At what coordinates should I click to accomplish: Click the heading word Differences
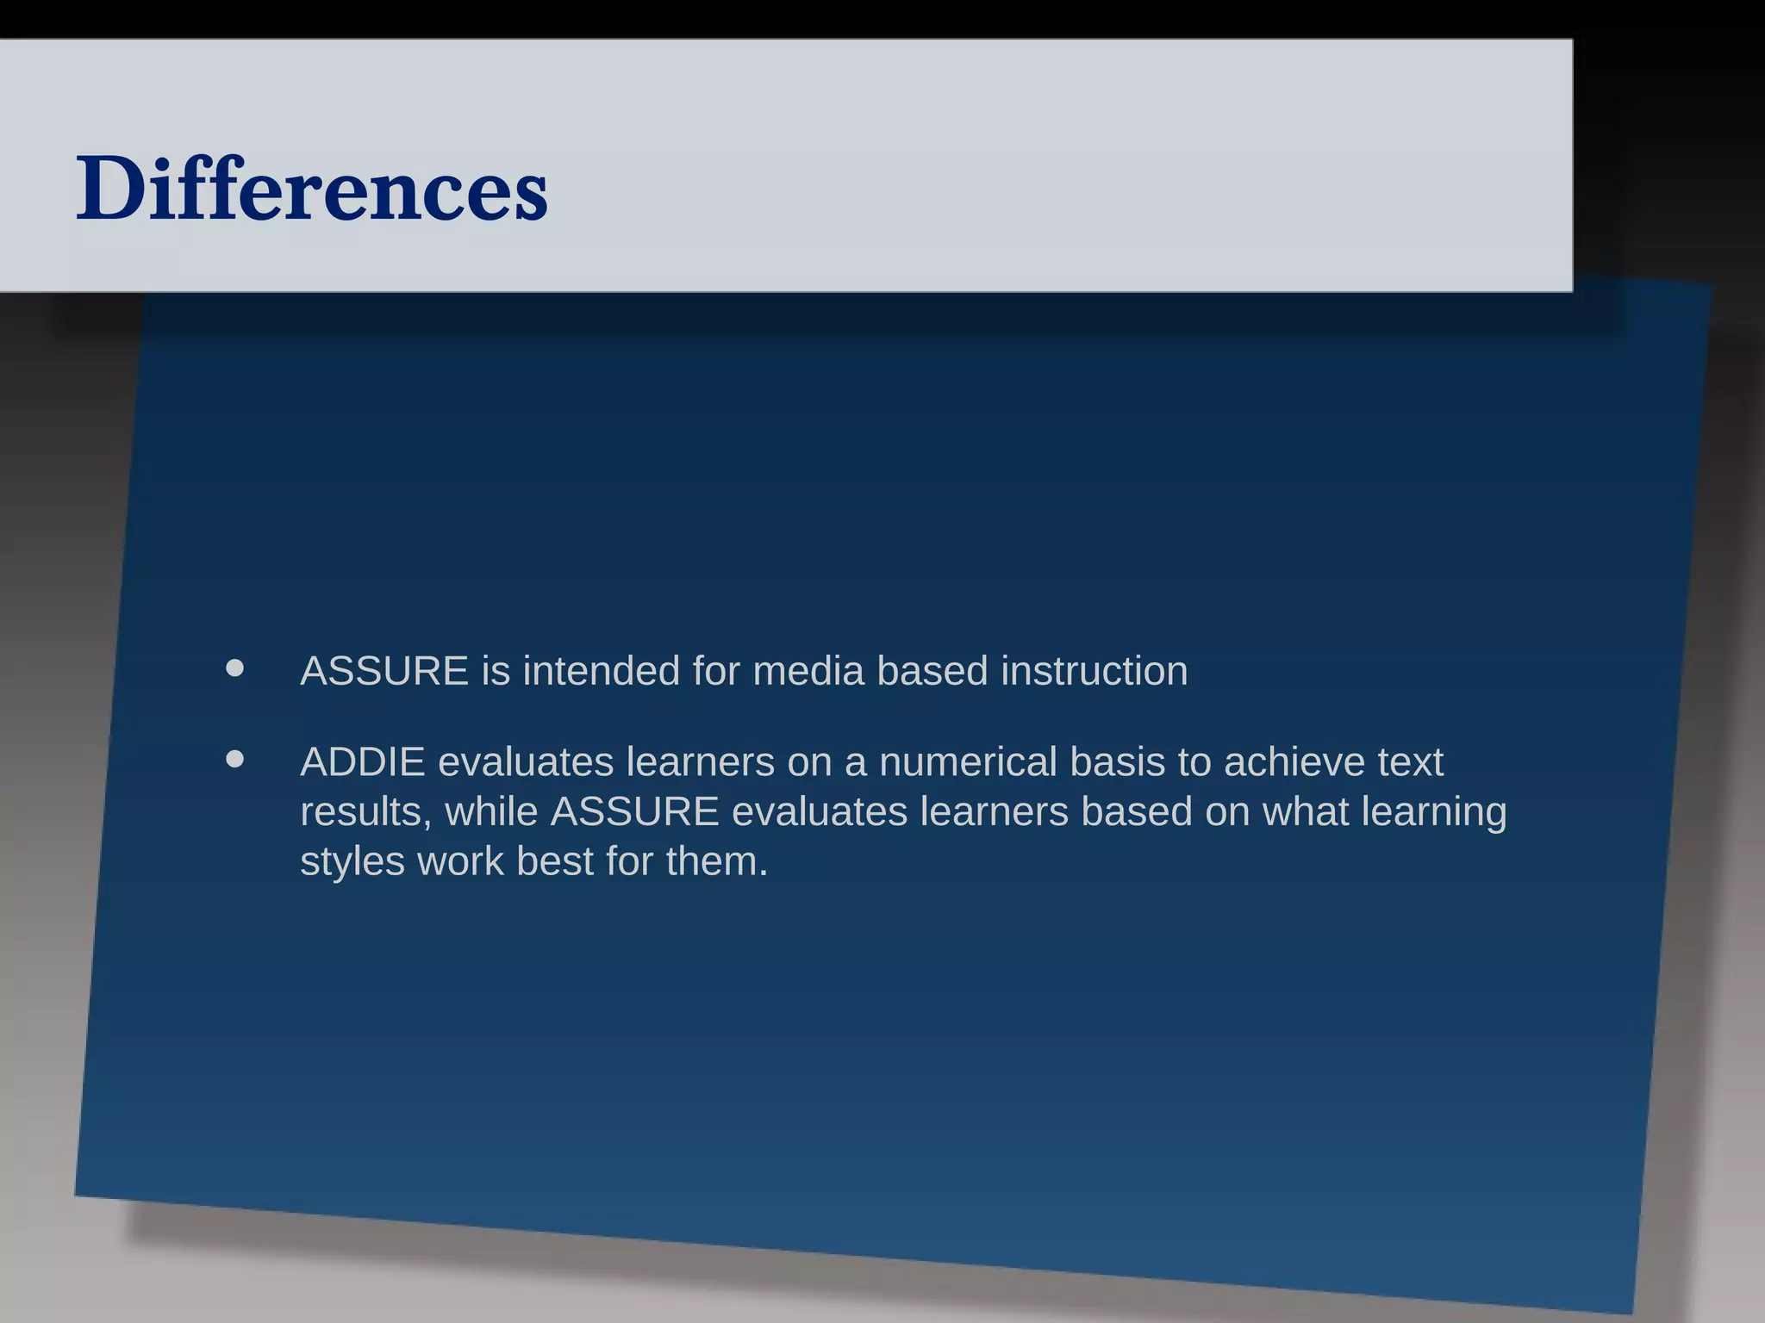(x=312, y=188)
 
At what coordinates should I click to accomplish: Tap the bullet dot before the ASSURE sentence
(x=234, y=668)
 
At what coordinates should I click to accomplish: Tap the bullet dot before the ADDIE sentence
(x=234, y=760)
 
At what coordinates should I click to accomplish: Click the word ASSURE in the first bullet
(x=384, y=671)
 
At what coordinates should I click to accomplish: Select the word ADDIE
(x=362, y=762)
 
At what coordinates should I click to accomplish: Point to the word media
(x=808, y=671)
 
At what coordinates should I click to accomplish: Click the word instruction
(x=1094, y=671)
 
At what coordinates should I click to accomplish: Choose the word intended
(x=601, y=671)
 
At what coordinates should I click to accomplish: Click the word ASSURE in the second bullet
(x=634, y=811)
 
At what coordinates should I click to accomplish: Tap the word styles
(x=352, y=861)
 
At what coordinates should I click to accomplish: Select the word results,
(x=365, y=811)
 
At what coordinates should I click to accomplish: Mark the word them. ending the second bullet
(x=716, y=861)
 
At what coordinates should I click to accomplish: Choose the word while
(x=491, y=811)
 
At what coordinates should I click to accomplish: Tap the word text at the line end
(x=1410, y=762)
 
